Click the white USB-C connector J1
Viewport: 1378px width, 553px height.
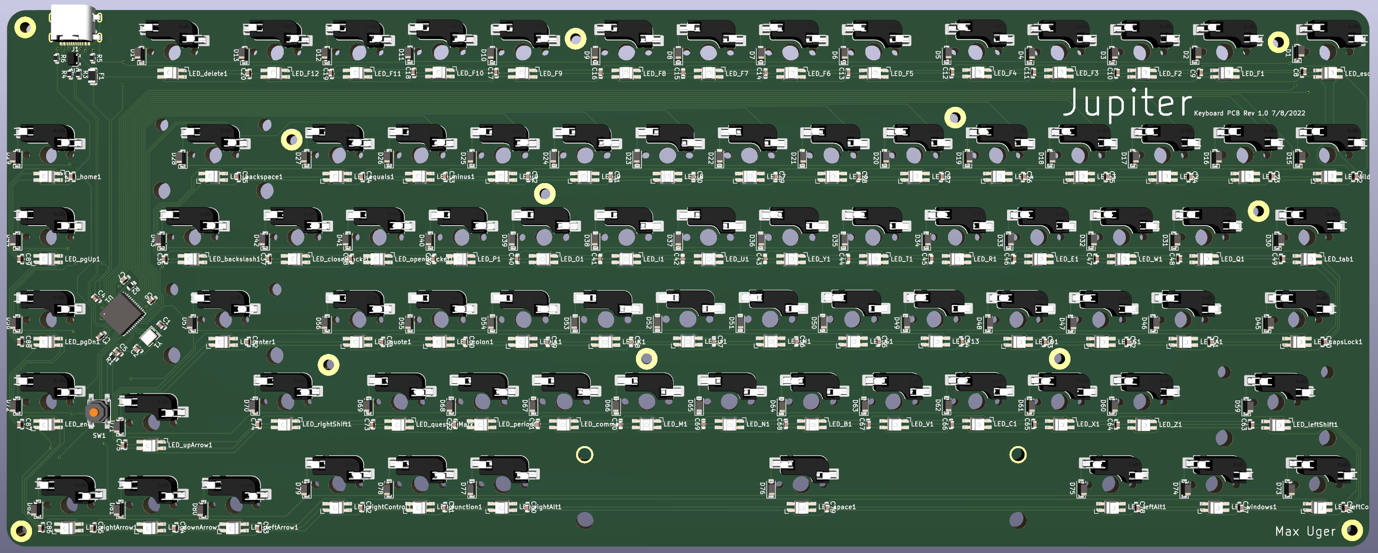click(74, 24)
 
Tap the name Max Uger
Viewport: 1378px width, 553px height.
click(1305, 531)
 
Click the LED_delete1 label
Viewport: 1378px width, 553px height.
click(207, 73)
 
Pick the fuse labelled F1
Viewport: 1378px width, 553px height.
click(94, 76)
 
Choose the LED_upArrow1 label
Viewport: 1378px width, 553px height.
click(190, 444)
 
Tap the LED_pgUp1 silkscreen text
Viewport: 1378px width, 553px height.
click(82, 259)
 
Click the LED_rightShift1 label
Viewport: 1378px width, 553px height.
click(326, 424)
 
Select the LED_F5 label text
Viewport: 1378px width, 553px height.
click(902, 73)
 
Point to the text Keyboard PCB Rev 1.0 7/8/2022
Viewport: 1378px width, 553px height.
click(1249, 113)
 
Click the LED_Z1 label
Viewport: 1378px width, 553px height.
click(1170, 424)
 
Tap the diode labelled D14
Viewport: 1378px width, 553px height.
click(140, 54)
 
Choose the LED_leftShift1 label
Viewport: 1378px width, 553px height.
click(1315, 424)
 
